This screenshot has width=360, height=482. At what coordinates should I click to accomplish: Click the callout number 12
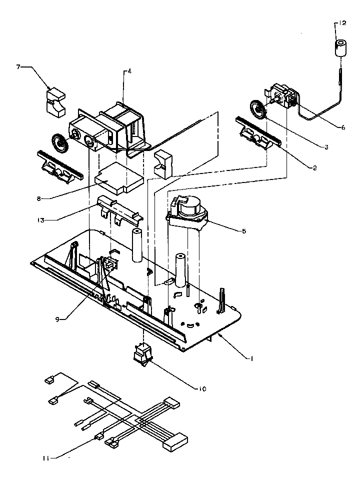(x=341, y=23)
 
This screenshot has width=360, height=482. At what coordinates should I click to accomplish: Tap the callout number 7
(x=19, y=66)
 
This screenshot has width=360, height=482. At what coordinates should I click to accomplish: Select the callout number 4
(x=129, y=72)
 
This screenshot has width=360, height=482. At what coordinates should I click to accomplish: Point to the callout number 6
(x=343, y=127)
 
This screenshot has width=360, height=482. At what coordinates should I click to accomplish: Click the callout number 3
(x=325, y=147)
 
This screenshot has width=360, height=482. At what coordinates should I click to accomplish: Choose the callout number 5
(x=243, y=231)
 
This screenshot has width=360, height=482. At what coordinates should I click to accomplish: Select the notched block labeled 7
(x=56, y=101)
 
